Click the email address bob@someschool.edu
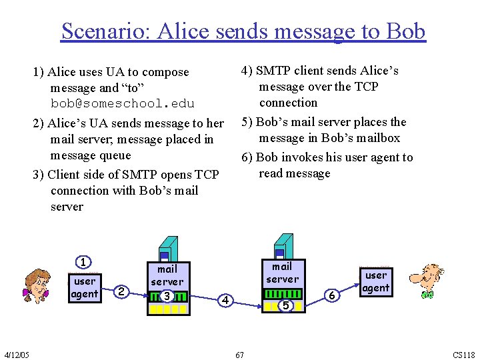(123, 104)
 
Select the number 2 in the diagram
(121, 291)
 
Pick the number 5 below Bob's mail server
(285, 305)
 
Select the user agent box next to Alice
(85, 287)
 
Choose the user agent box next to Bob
(376, 281)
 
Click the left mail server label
(167, 275)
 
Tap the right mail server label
(283, 273)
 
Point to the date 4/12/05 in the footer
(16, 354)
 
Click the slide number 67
(239, 355)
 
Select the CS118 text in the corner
(464, 355)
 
